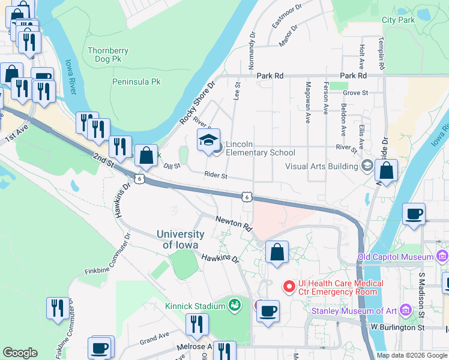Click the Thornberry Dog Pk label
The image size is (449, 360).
tap(108, 55)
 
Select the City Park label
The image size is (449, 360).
tap(399, 20)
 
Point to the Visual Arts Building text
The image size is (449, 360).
tap(321, 166)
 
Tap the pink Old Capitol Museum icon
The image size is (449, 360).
tap(442, 257)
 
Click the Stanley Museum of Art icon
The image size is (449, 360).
tap(406, 310)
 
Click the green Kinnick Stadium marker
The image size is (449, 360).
tap(234, 306)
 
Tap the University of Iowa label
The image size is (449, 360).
tap(181, 239)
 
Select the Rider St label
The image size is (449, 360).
tap(215, 176)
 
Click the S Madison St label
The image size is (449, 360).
tap(421, 295)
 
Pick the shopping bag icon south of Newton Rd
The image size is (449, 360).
tap(277, 253)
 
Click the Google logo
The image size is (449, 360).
tap(20, 353)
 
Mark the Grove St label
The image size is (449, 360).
tap(355, 93)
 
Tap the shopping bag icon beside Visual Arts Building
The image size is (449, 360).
tap(387, 170)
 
